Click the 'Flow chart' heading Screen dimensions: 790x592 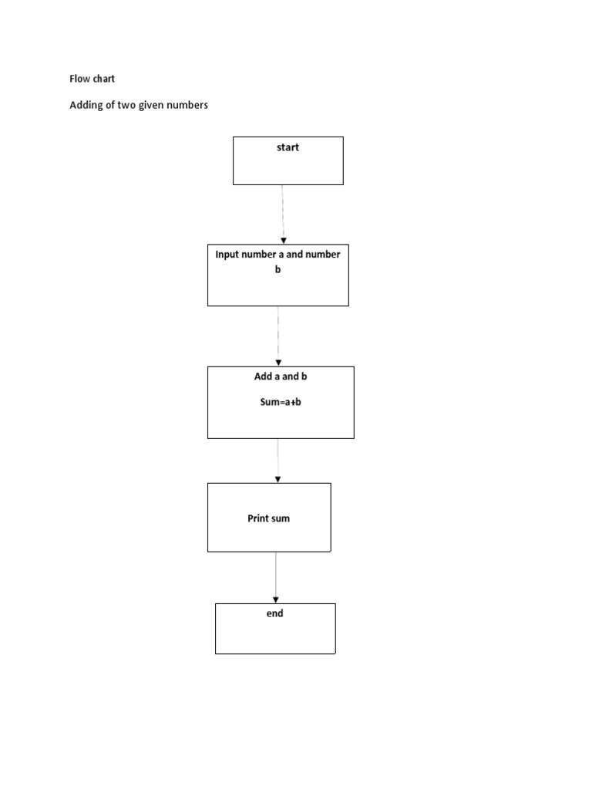point(92,79)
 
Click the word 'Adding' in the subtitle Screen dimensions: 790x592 point(86,105)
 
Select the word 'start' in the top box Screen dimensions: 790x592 point(288,147)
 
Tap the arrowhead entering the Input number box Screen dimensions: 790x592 point(284,241)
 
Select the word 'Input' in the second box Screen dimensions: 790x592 point(228,254)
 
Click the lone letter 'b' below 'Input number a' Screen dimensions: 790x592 point(278,268)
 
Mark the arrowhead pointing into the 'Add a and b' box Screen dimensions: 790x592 point(278,362)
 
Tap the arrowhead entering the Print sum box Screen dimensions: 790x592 point(277,479)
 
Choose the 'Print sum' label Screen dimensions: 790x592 point(268,518)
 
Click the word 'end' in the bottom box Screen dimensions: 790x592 point(275,613)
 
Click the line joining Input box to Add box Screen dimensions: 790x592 point(278,332)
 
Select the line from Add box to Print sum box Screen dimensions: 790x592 point(277,457)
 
